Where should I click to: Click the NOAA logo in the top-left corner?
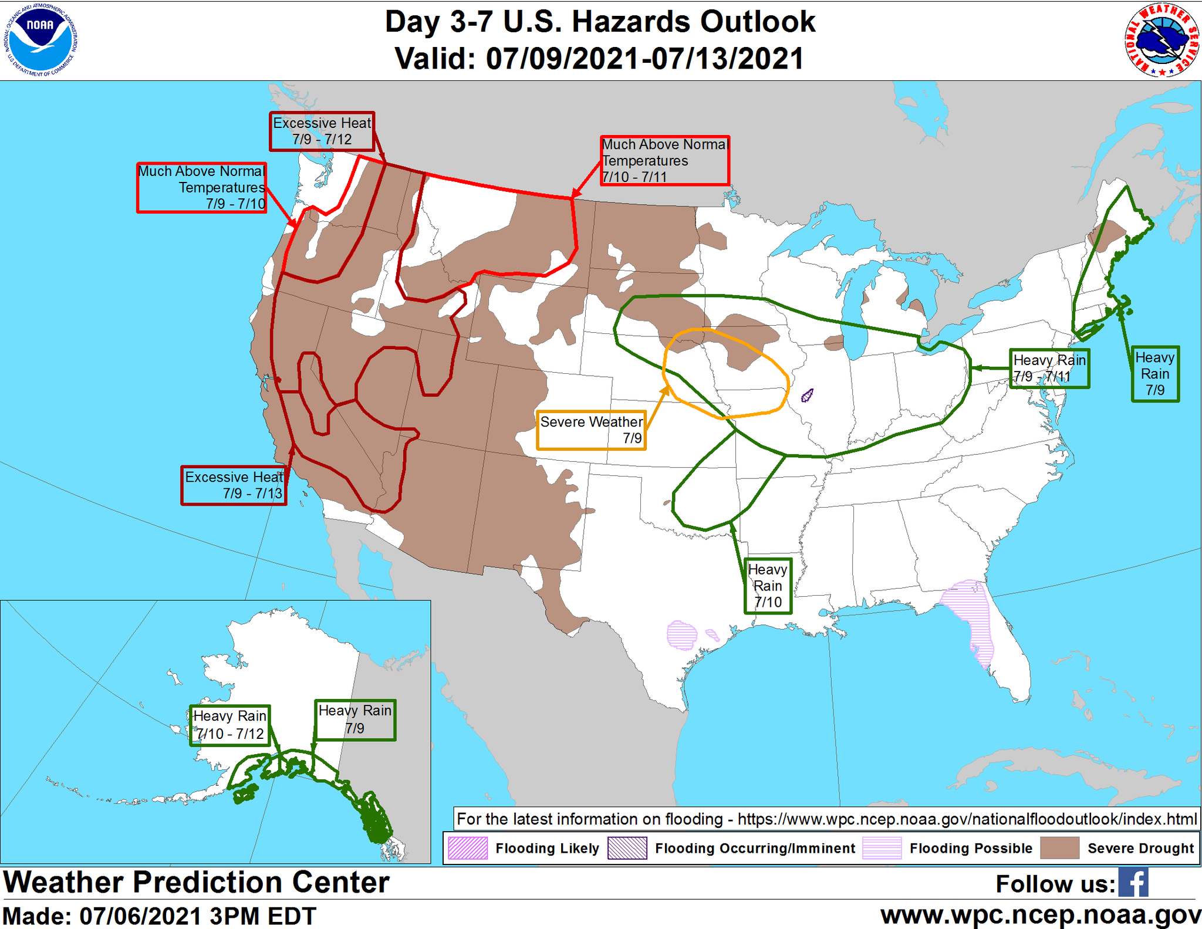(x=40, y=40)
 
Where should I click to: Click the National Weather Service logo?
(x=1162, y=40)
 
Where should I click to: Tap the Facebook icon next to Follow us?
(x=1133, y=882)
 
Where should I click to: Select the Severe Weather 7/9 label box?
(x=591, y=430)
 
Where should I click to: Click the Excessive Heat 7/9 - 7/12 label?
(x=322, y=131)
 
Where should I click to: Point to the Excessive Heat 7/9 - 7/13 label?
(x=234, y=485)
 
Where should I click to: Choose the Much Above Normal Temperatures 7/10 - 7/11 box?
(x=664, y=161)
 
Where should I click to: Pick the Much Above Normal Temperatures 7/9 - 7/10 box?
(x=201, y=188)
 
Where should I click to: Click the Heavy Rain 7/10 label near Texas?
(x=768, y=586)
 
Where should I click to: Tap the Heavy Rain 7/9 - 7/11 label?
(x=1049, y=369)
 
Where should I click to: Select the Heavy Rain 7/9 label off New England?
(x=1154, y=374)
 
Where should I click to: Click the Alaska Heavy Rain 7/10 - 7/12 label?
(x=229, y=725)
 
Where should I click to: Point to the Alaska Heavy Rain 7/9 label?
(x=354, y=719)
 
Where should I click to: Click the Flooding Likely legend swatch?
(x=467, y=848)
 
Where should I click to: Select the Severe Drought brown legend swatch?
(x=1059, y=848)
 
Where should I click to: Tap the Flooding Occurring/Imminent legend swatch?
(x=627, y=848)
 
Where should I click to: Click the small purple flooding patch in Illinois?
(x=807, y=395)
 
